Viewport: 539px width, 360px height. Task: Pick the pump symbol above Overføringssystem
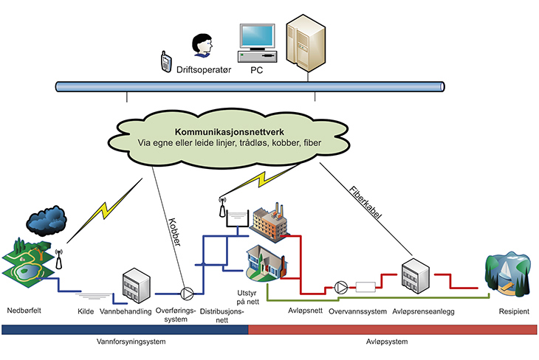coord(189,293)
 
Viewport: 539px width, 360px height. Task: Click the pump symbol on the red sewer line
coord(340,286)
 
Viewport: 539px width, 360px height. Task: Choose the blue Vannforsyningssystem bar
coord(124,330)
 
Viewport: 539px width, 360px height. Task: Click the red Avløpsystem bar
coord(392,330)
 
